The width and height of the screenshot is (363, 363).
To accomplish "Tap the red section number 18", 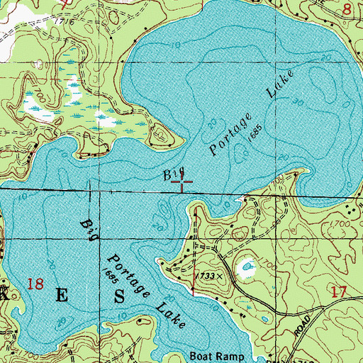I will click(x=35, y=285).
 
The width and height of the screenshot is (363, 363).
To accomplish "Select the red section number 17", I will click(x=338, y=290).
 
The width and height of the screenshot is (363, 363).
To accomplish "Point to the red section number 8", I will click(x=347, y=9).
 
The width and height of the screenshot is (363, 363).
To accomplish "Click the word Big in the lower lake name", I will click(x=88, y=228).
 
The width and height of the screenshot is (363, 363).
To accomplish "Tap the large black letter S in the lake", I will click(x=119, y=294).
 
